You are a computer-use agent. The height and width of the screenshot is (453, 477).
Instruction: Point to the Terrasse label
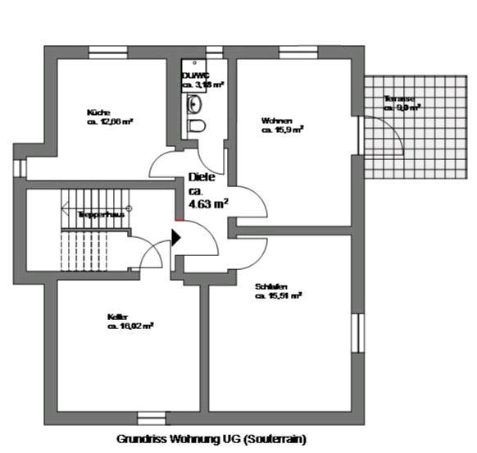coord(399,99)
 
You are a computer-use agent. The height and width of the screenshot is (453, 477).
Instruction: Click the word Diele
coord(201,176)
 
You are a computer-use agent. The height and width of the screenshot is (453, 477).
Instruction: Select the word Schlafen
coord(270,286)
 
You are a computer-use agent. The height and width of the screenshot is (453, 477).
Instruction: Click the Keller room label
coord(117,316)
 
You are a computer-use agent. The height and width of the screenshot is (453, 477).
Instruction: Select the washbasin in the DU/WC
coord(194,104)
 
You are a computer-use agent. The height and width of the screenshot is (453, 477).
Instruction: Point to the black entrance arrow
coord(175,237)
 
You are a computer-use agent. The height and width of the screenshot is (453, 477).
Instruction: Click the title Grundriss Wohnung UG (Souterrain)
coord(211,439)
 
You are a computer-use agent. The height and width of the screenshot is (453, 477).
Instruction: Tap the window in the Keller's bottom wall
coord(151,417)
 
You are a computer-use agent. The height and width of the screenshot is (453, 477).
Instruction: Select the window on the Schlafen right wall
coord(357,332)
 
